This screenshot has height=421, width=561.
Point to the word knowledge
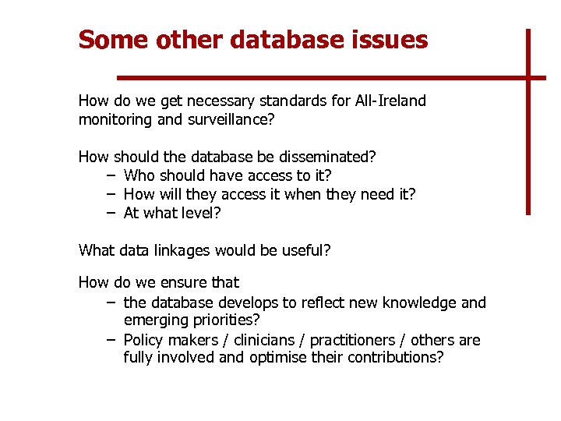(x=420, y=302)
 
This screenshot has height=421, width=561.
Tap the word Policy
(x=144, y=340)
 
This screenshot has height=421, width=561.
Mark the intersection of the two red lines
(x=527, y=78)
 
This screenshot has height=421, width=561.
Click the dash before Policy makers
(x=111, y=340)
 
